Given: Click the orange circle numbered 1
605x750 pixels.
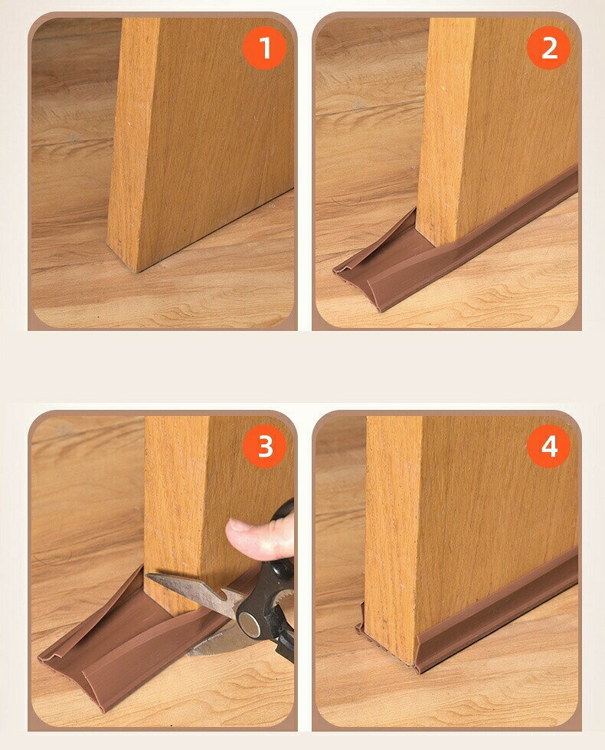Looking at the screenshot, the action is [264, 47].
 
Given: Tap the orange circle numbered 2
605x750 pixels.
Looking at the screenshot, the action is [548, 47].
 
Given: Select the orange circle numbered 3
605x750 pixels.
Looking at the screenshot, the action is [264, 446].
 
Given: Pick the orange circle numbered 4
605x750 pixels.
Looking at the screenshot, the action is [548, 446].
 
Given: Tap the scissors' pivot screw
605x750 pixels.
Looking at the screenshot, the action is [249, 624].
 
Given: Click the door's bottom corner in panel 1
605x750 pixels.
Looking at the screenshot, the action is [137, 272].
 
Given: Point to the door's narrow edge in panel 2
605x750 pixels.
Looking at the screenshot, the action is [444, 129].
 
